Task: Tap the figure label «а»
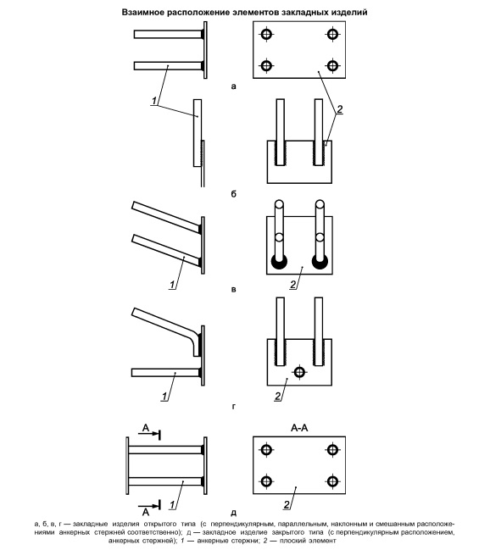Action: point(234,86)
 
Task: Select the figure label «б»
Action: point(234,193)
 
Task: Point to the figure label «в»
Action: point(234,290)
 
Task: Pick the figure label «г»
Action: point(234,407)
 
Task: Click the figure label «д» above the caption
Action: point(234,513)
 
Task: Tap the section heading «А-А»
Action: point(299,428)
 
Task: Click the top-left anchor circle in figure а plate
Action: point(266,35)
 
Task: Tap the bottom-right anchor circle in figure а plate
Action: point(332,65)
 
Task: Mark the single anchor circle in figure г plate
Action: point(299,372)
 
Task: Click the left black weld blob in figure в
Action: point(279,263)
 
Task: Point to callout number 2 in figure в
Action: point(293,285)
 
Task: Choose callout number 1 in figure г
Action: point(164,397)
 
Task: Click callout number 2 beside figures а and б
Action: point(339,109)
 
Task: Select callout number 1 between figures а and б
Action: point(153,101)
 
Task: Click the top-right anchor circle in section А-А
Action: point(332,450)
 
